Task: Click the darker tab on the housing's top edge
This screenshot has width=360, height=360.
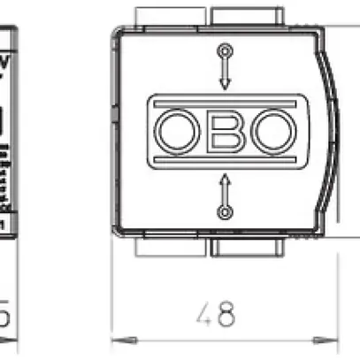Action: [248, 17]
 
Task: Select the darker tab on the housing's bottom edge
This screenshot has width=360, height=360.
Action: [248, 245]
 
